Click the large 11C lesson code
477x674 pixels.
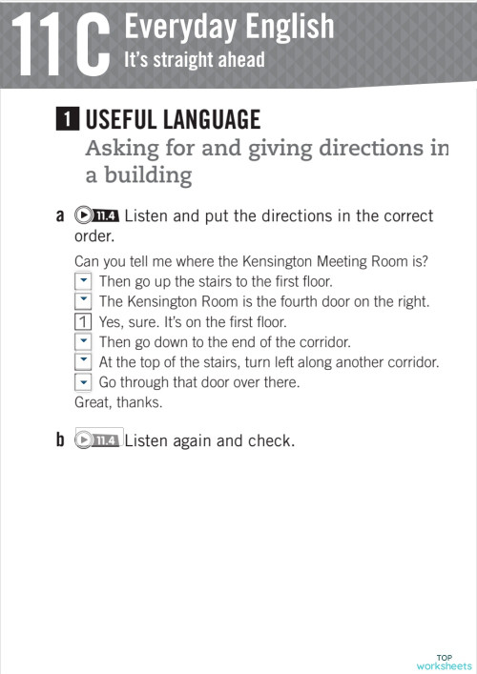[57, 43]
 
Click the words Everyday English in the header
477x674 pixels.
[229, 26]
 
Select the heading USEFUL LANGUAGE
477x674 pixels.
[173, 120]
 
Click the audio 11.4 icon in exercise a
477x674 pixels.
[98, 215]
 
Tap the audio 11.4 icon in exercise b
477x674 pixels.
[98, 440]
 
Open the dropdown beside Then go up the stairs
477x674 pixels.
[83, 281]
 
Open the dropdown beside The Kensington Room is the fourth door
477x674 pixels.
[83, 301]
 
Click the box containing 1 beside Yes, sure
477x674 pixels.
[83, 321]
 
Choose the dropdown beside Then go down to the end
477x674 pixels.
[83, 341]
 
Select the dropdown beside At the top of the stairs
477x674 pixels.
[83, 362]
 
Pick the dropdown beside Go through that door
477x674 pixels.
[83, 382]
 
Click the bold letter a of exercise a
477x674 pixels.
[60, 216]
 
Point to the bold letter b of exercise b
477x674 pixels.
[60, 440]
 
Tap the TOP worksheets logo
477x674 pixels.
[444, 662]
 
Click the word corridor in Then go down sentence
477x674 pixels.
[324, 341]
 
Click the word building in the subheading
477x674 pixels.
[145, 175]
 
